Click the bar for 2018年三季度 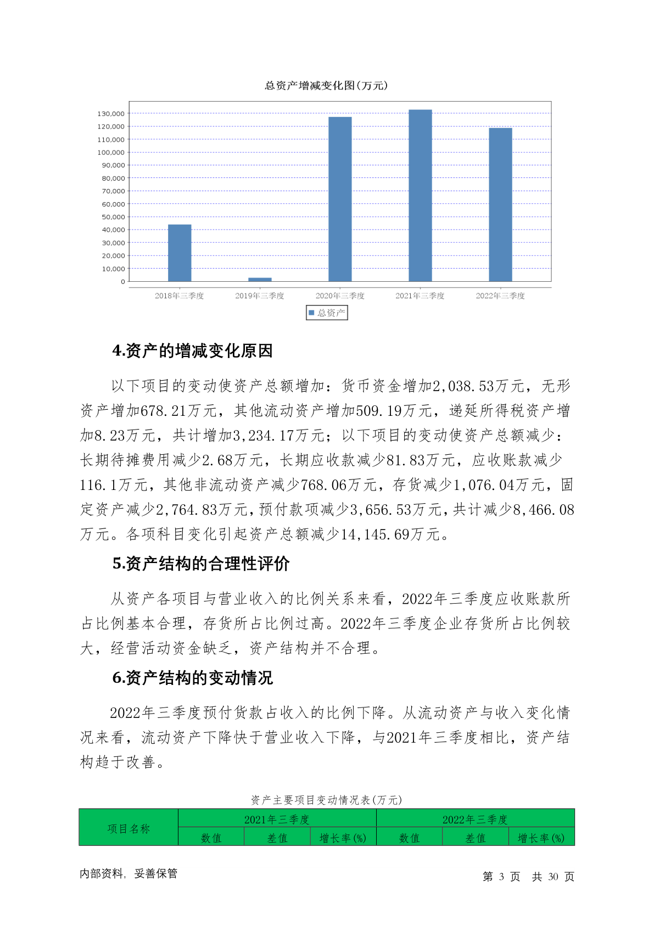180,253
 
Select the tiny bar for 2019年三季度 260,280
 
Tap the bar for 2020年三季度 340,199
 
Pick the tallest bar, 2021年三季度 420,196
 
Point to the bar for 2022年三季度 500,204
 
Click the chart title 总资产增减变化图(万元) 326,86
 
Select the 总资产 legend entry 327,313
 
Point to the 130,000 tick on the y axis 111,114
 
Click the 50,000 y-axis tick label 113,217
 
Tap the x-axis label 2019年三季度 260,296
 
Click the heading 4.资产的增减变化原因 192,351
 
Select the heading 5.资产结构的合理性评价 201,564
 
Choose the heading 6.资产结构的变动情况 192,678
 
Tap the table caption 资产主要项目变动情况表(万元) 326,800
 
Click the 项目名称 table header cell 128,828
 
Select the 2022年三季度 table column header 475,820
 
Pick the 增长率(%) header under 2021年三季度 343,838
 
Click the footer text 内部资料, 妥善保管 128,873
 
